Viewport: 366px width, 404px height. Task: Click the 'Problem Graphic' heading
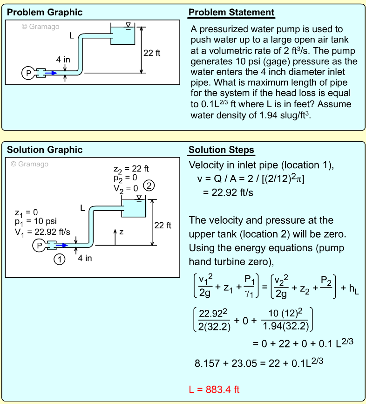click(x=45, y=13)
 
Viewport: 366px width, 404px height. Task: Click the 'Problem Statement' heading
click(x=231, y=13)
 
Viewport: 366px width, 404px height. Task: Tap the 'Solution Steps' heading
click(x=221, y=150)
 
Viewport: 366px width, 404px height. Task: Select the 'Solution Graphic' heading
click(x=45, y=150)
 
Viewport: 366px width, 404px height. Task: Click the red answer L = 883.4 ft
click(x=214, y=390)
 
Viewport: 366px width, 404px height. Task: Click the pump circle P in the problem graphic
click(x=28, y=73)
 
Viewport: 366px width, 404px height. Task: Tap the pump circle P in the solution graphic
click(x=40, y=245)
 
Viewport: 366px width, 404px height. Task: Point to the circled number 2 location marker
click(x=149, y=185)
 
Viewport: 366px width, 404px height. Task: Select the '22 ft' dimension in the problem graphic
click(x=152, y=53)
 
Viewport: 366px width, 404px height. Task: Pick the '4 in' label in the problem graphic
click(x=63, y=60)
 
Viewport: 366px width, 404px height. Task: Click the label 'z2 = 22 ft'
click(x=131, y=169)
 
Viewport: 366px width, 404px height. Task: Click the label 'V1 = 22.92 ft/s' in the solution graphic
click(x=42, y=231)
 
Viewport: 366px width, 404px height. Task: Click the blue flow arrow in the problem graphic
click(x=51, y=73)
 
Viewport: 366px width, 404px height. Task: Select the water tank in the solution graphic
click(x=134, y=208)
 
